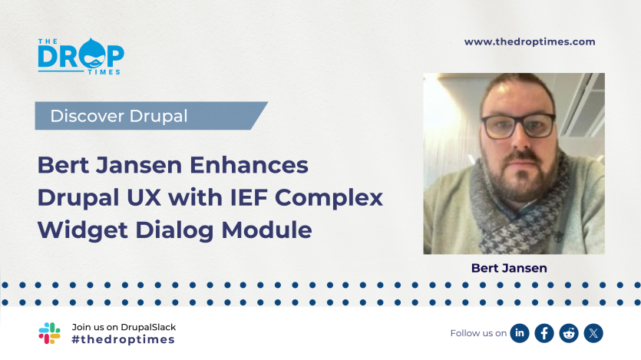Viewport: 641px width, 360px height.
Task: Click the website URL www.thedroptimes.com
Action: pos(530,42)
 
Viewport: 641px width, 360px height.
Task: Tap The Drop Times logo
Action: pos(81,57)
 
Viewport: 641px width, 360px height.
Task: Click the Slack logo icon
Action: pos(49,333)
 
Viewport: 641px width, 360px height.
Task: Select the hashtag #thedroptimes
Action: pos(123,339)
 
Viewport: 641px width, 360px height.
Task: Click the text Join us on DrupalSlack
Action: pos(124,326)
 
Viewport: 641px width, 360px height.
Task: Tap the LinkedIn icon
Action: pos(520,333)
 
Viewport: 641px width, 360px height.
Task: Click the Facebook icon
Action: pos(544,333)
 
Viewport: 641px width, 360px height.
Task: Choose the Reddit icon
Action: pos(569,333)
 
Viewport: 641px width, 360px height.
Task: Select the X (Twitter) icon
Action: pos(593,333)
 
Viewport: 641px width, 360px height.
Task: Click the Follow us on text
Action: pos(478,333)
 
